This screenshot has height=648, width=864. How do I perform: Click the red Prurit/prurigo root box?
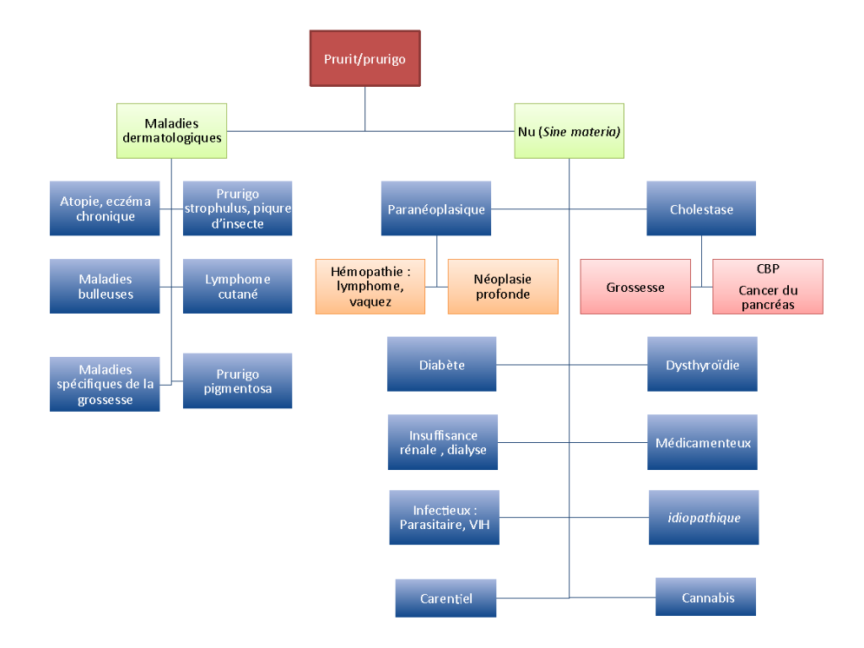point(364,58)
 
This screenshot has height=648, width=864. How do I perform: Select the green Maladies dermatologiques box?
point(171,131)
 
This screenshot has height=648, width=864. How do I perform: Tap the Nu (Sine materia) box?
point(569,131)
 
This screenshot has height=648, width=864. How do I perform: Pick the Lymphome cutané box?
point(237,287)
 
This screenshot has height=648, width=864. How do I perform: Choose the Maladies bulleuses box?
point(105,287)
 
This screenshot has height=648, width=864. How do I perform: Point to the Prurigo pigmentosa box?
point(237,381)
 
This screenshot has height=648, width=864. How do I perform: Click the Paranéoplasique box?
point(436,208)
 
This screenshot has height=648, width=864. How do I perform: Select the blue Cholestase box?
point(701,208)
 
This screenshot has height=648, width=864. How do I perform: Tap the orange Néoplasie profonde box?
point(502,287)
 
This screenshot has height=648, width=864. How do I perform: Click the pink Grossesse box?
point(634,287)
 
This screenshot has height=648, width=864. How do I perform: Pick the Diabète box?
point(441,364)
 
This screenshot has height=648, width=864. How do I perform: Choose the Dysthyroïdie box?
point(702,364)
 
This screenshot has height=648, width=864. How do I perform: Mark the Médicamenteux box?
point(702,442)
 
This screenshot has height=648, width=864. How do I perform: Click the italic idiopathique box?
point(702,517)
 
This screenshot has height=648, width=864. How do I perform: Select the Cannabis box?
point(707,597)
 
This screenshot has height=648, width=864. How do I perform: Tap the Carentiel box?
point(445,598)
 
